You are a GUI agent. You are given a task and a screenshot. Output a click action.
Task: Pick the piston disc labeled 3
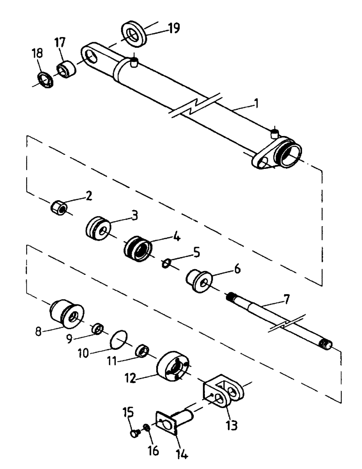click(x=98, y=228)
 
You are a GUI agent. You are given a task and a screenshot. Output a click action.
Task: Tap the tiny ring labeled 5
click(x=166, y=264)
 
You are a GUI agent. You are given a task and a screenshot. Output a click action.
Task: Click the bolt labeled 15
click(x=134, y=433)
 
